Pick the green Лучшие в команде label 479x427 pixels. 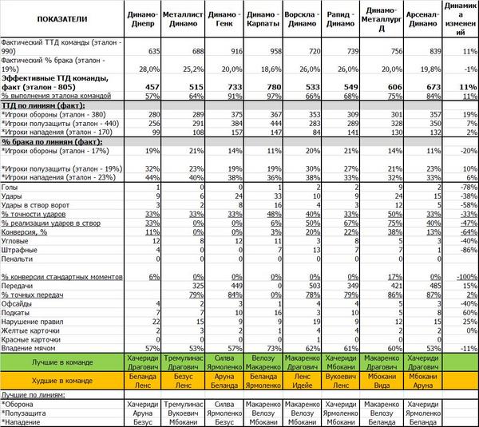point(60,362)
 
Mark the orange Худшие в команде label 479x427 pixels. point(60,379)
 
